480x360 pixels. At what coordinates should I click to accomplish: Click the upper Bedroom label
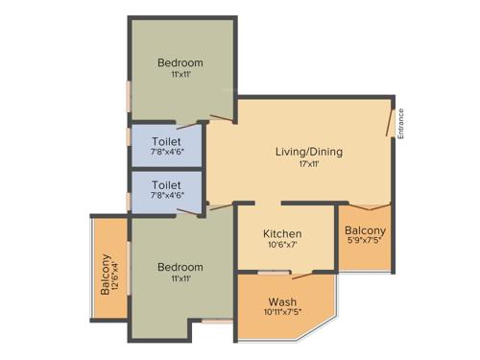point(180,63)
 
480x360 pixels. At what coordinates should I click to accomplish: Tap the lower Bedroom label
point(180,266)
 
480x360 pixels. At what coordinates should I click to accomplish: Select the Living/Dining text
point(309,152)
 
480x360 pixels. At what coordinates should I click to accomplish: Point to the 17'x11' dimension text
point(309,164)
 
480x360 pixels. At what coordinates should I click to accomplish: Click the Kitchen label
point(282,234)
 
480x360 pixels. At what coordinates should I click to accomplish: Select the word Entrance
point(401,123)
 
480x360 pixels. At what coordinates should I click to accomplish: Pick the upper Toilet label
point(166,140)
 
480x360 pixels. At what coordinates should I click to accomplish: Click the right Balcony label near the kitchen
point(366,230)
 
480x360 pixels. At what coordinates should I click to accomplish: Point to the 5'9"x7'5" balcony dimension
point(366,243)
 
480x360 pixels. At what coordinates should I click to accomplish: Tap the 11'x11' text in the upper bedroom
point(180,75)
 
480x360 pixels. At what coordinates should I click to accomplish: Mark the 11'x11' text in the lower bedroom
point(180,278)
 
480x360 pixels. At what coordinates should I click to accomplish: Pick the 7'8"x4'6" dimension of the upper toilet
point(166,152)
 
